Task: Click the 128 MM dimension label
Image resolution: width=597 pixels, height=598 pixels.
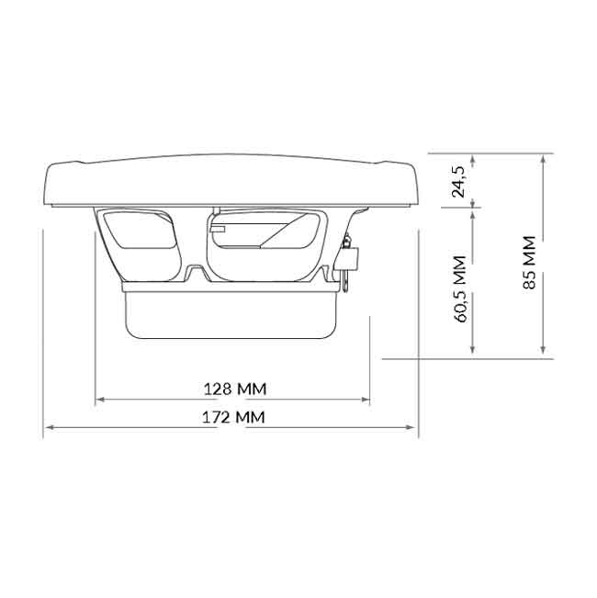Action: click(x=234, y=389)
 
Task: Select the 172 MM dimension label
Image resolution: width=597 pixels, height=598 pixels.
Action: click(x=234, y=417)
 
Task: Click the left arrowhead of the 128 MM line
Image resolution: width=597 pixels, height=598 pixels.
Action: click(x=100, y=400)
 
